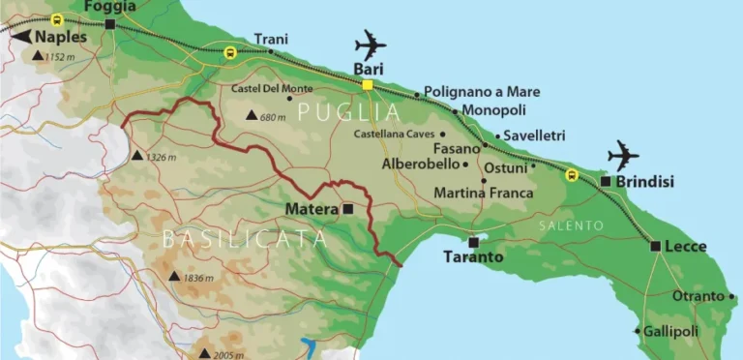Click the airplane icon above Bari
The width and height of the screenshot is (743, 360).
click(x=370, y=45)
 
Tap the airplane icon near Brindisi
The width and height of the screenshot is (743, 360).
click(x=624, y=155)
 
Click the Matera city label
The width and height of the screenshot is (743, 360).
click(x=311, y=208)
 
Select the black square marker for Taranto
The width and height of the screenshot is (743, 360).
click(x=473, y=242)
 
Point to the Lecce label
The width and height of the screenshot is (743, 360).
click(x=686, y=246)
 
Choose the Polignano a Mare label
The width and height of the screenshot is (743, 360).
click(x=482, y=92)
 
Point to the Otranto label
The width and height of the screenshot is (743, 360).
click(x=698, y=296)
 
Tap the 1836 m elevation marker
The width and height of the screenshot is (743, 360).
click(x=174, y=278)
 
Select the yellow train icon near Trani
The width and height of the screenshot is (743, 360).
click(x=229, y=52)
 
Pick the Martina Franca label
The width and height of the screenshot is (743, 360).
click(x=483, y=194)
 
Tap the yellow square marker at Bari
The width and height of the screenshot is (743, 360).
click(x=368, y=85)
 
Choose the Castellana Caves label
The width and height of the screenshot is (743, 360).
click(x=394, y=135)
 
